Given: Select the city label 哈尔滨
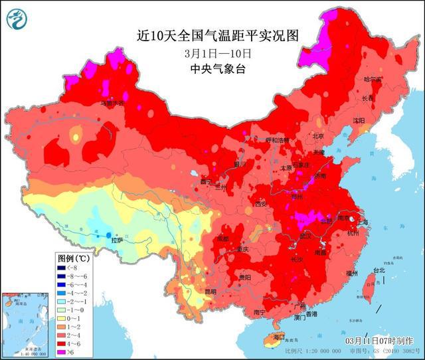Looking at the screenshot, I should click(373, 79).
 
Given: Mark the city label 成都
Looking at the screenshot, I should click(222, 238).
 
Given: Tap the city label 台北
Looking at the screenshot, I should click(377, 270).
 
